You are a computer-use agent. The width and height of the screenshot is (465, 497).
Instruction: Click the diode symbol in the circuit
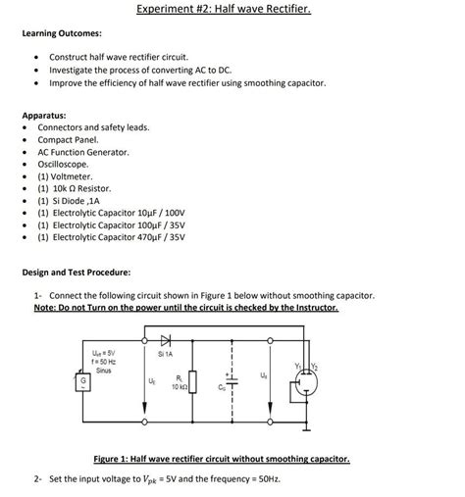[x=164, y=340]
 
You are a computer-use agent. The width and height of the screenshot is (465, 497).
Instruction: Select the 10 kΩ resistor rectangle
[x=191, y=380]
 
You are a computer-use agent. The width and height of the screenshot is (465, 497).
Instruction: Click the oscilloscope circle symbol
[x=304, y=387]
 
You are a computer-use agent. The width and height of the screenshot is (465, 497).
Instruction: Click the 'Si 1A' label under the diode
[x=165, y=353]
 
